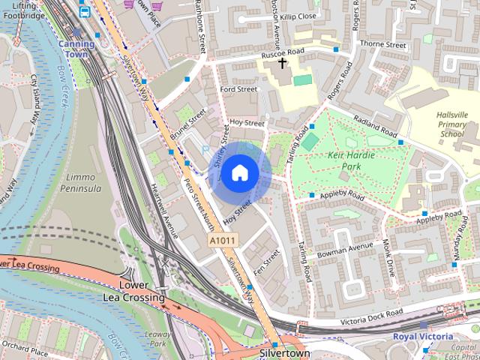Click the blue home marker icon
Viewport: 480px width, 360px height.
click(x=238, y=173)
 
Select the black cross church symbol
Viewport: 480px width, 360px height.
click(x=283, y=63)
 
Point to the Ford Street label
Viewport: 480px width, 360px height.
click(x=239, y=89)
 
